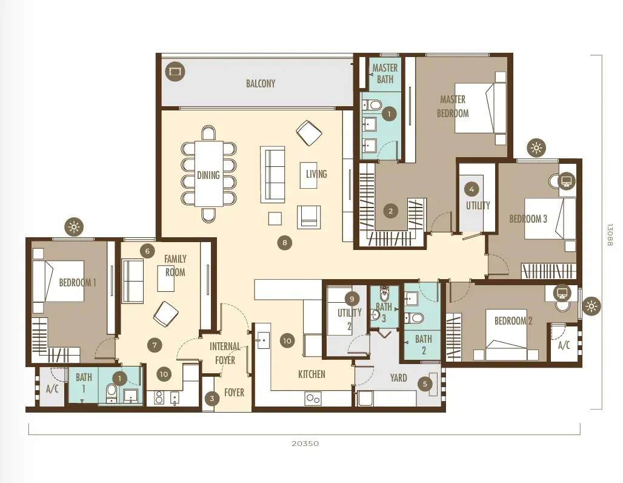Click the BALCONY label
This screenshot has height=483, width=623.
pos(260,84)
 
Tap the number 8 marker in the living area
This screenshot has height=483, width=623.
pos(284,243)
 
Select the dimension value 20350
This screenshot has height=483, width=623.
pos(305,443)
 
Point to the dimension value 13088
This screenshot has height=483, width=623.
pos(610,235)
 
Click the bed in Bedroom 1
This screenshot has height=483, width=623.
pos(58,281)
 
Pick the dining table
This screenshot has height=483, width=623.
pos(208,174)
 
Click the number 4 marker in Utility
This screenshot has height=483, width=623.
pos(471,189)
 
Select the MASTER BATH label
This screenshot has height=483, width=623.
pos(385,73)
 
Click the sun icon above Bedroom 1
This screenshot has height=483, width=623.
pos(74,227)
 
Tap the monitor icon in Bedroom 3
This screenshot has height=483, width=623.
pos(567,181)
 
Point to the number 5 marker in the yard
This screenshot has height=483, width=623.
pos(425,384)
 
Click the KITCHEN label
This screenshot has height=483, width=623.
pos(311,374)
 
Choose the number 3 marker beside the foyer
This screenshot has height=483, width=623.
pos(212,398)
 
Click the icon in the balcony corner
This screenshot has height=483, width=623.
pos(175,72)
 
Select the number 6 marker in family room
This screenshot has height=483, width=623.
pos(147,251)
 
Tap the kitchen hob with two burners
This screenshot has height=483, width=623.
pos(313,399)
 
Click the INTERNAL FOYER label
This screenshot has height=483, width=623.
pos(225,353)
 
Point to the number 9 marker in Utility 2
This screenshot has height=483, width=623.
pos(352,299)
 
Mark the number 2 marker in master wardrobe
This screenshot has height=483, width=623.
pos(390,211)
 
